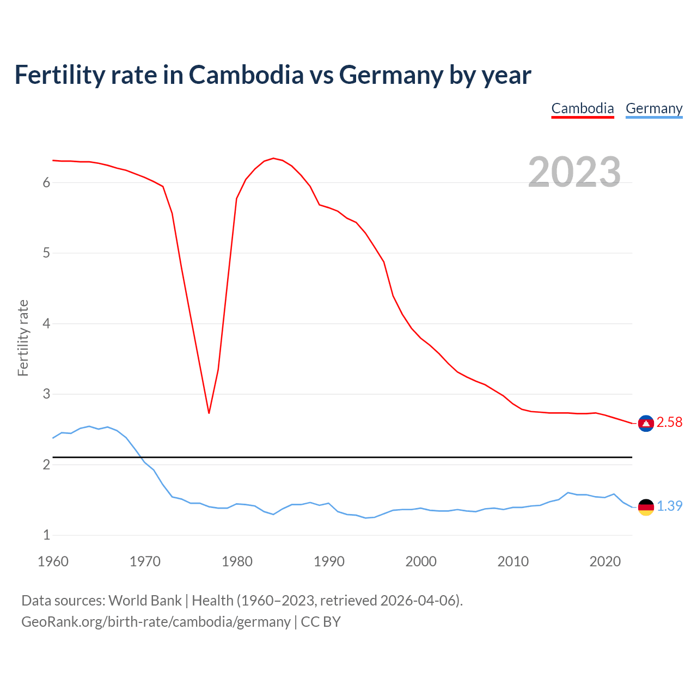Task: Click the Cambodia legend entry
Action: click(582, 108)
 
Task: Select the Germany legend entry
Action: click(653, 108)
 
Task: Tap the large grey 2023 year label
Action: click(574, 172)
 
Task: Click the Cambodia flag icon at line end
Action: click(646, 423)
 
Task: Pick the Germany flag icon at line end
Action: click(646, 506)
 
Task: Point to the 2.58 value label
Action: click(669, 423)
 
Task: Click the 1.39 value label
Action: click(669, 506)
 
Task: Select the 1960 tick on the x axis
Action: click(53, 561)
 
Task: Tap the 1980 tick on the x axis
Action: click(237, 561)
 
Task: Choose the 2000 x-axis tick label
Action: click(421, 561)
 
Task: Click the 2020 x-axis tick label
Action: click(605, 561)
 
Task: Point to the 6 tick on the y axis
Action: click(46, 183)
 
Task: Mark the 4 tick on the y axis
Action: click(46, 324)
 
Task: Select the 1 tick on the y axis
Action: click(46, 535)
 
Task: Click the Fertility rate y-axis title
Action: click(23, 338)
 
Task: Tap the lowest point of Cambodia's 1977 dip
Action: click(209, 413)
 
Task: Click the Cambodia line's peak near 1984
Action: click(273, 158)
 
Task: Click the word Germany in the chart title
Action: click(391, 75)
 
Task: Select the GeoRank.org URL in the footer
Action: click(156, 622)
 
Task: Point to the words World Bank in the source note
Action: click(145, 601)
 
